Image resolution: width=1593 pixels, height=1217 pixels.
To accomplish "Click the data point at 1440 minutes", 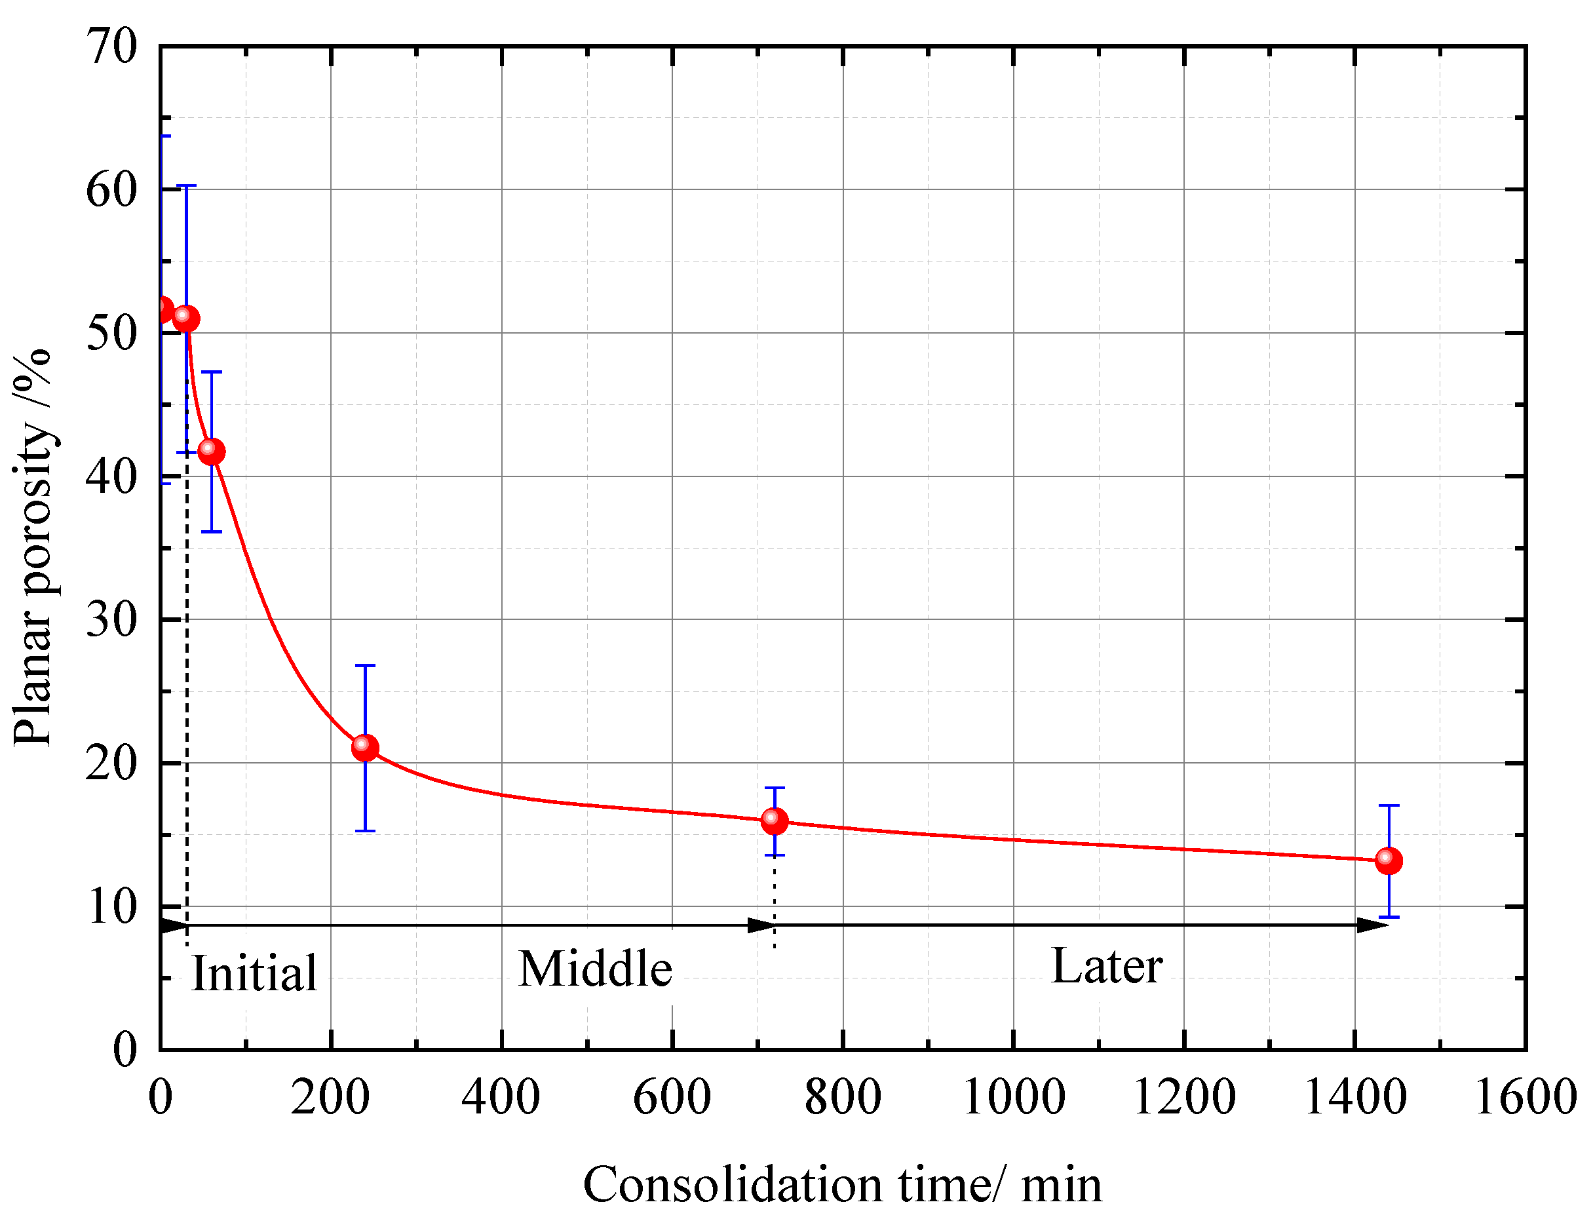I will [1388, 860].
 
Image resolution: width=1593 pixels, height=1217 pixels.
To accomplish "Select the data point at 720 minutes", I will [775, 821].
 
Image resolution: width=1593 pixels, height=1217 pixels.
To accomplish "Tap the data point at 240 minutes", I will [365, 748].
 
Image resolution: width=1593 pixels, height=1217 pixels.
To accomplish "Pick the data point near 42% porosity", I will [211, 452].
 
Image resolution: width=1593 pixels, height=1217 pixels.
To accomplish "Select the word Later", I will [1106, 967].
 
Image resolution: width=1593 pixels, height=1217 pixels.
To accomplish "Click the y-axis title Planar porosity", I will [33, 547].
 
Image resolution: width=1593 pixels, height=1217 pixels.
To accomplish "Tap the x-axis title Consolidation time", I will [842, 1185].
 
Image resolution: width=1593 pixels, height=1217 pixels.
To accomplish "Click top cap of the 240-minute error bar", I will [365, 665].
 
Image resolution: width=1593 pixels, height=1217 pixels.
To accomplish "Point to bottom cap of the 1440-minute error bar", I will [1389, 917].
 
